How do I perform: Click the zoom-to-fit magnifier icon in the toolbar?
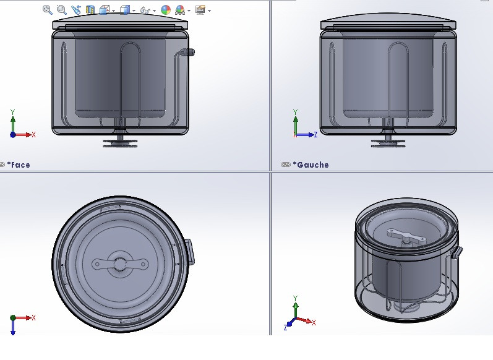(47, 9)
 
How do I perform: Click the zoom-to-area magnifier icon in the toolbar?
(61, 9)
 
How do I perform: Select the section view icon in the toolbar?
(90, 10)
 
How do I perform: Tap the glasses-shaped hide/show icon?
(145, 10)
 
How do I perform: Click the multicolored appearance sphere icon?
(166, 10)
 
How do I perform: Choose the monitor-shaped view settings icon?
(200, 10)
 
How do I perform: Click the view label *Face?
(19, 165)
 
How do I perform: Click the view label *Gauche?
(312, 165)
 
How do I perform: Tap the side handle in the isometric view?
(457, 252)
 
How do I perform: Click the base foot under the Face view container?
(120, 142)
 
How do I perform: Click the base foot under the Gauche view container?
(388, 142)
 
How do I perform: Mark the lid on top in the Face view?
(120, 23)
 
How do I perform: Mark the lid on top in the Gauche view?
(388, 23)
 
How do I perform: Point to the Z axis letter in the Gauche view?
(316, 134)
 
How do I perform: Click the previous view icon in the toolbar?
(76, 10)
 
